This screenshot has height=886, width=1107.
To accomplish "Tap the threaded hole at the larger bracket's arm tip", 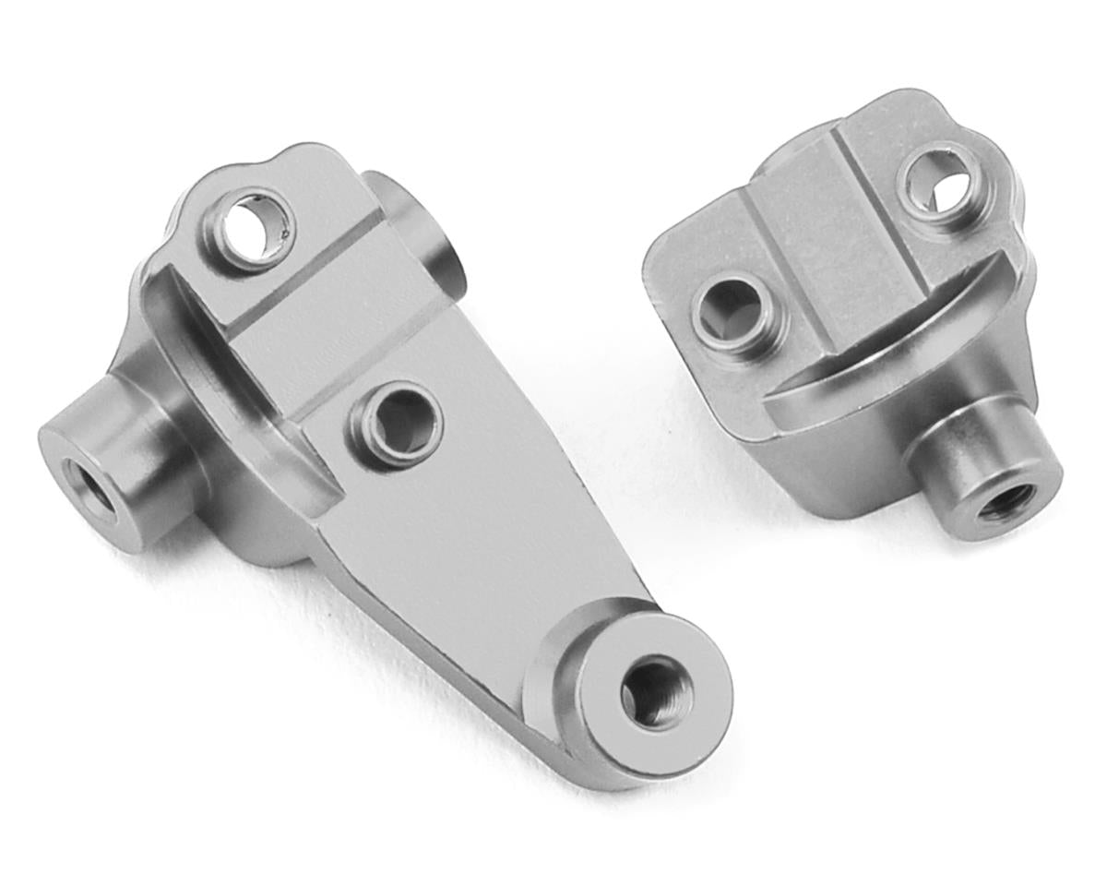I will (654, 691).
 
